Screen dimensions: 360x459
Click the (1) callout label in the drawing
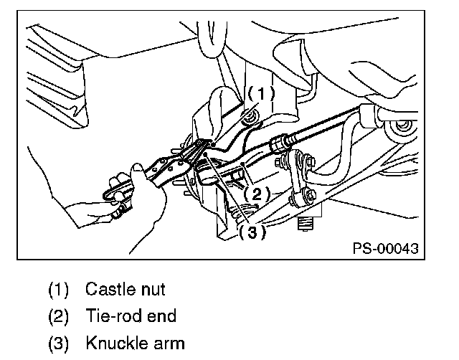(261, 94)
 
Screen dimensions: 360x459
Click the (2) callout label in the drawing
(256, 193)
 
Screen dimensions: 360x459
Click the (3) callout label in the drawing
(252, 232)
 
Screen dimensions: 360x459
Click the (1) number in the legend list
(59, 290)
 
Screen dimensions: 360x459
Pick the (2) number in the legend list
(59, 316)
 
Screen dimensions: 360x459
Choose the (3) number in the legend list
(59, 342)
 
